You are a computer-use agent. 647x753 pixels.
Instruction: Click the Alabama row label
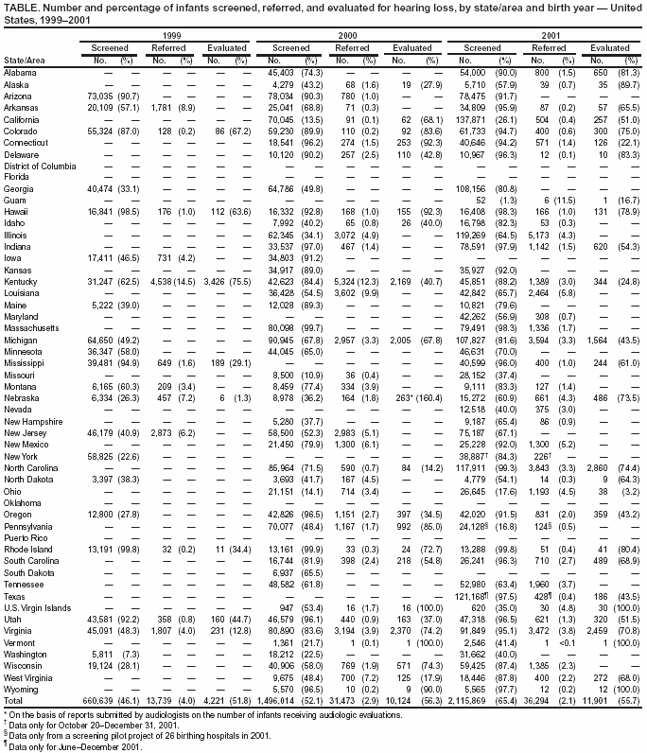tap(20, 73)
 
